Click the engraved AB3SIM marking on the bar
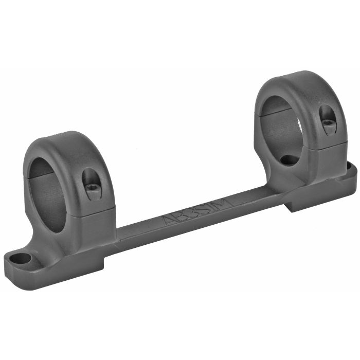(197, 210)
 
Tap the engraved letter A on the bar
(169, 220)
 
